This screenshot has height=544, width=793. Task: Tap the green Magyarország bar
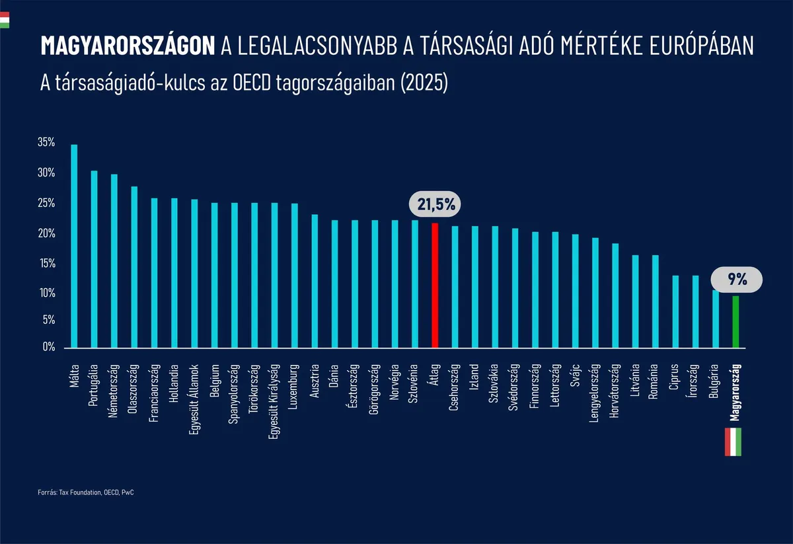[736, 321]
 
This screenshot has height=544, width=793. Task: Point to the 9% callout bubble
[737, 280]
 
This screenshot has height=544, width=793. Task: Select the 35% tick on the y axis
[46, 143]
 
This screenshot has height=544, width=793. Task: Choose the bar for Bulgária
[716, 319]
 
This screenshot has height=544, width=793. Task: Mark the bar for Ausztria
[315, 281]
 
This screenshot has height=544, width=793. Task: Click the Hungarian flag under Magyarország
[734, 442]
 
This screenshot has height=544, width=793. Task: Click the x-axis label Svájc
[576, 377]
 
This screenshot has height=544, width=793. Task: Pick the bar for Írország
[695, 311]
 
